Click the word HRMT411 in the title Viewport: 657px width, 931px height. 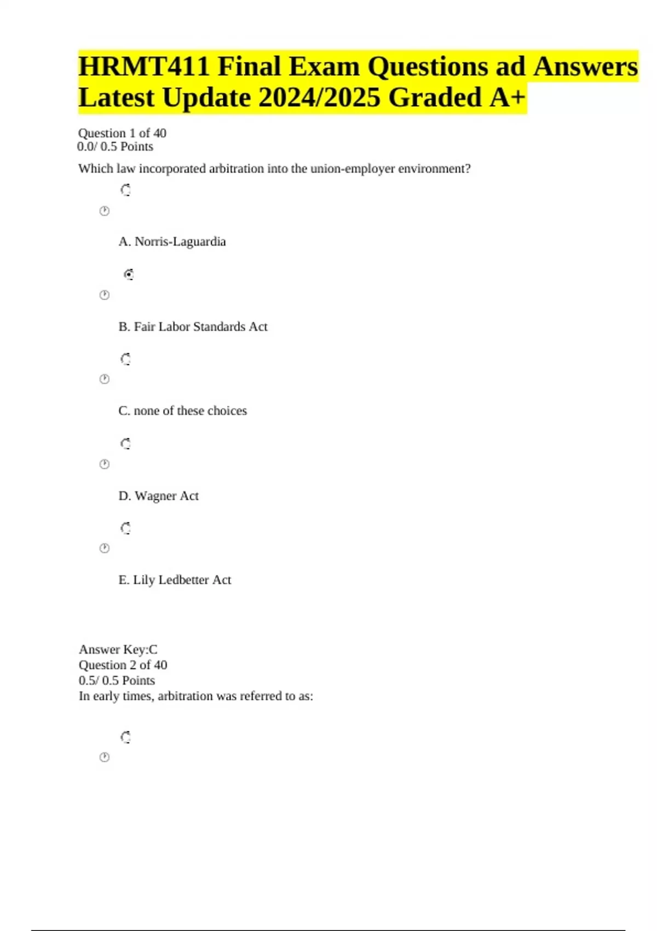pos(143,67)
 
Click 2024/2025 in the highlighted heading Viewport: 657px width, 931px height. pos(319,98)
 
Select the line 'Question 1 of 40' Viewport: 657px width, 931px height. pos(122,133)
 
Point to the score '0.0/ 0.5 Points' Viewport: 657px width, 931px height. pos(116,147)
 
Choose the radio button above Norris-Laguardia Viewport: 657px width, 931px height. pos(126,190)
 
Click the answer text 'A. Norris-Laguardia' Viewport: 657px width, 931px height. pos(172,242)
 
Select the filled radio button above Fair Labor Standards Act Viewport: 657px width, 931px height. pos(129,274)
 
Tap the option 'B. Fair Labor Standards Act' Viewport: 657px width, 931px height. pos(193,327)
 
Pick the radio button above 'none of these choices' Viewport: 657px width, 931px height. pos(126,359)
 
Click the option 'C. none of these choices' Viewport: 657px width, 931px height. pos(182,411)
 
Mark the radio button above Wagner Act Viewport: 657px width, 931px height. pos(126,444)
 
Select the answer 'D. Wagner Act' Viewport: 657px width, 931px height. pos(158,496)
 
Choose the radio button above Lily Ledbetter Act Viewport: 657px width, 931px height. pos(126,528)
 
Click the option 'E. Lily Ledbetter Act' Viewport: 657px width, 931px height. pos(175,580)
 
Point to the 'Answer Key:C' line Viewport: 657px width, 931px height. pos(118,650)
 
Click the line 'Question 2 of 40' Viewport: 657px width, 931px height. pos(123,665)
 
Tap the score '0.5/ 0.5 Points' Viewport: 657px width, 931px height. pos(117,681)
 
